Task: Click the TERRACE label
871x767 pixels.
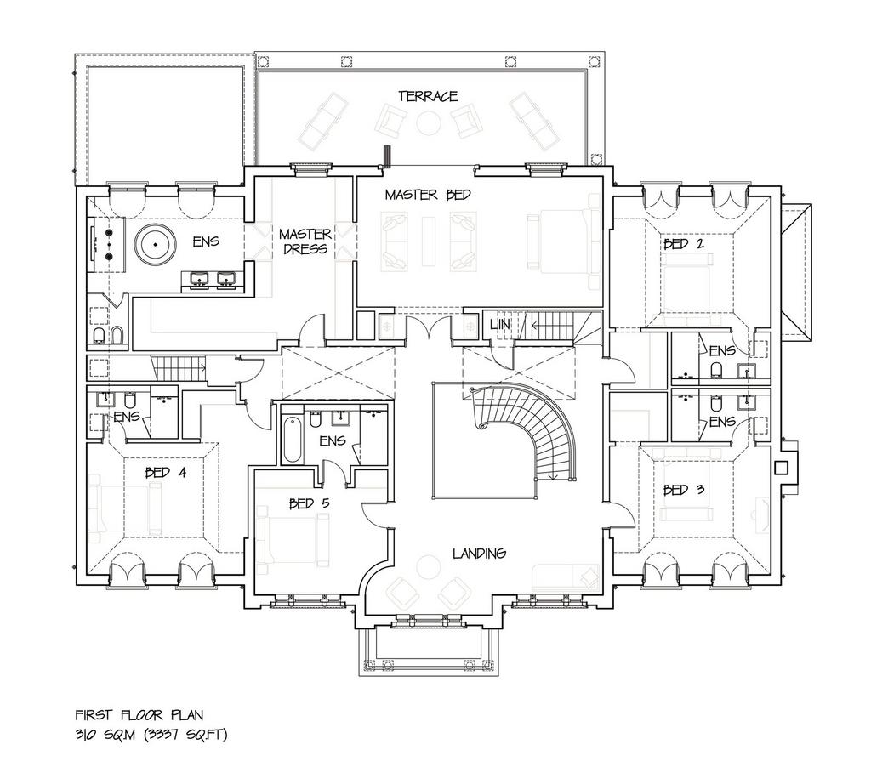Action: click(428, 96)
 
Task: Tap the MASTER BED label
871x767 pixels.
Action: click(428, 195)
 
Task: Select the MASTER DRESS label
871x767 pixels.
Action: click(305, 241)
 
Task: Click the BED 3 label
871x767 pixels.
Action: click(684, 490)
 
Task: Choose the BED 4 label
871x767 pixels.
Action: click(166, 473)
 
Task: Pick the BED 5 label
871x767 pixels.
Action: click(310, 503)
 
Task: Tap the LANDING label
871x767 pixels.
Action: click(479, 554)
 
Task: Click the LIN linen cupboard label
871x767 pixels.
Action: click(499, 324)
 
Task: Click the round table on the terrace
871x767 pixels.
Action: click(429, 123)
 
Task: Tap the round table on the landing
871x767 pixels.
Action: click(429, 568)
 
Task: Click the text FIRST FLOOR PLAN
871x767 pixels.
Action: click(139, 715)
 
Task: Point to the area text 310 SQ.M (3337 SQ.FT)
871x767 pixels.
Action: click(151, 735)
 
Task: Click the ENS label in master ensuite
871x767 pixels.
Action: click(206, 241)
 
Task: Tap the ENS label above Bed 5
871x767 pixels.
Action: click(333, 441)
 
